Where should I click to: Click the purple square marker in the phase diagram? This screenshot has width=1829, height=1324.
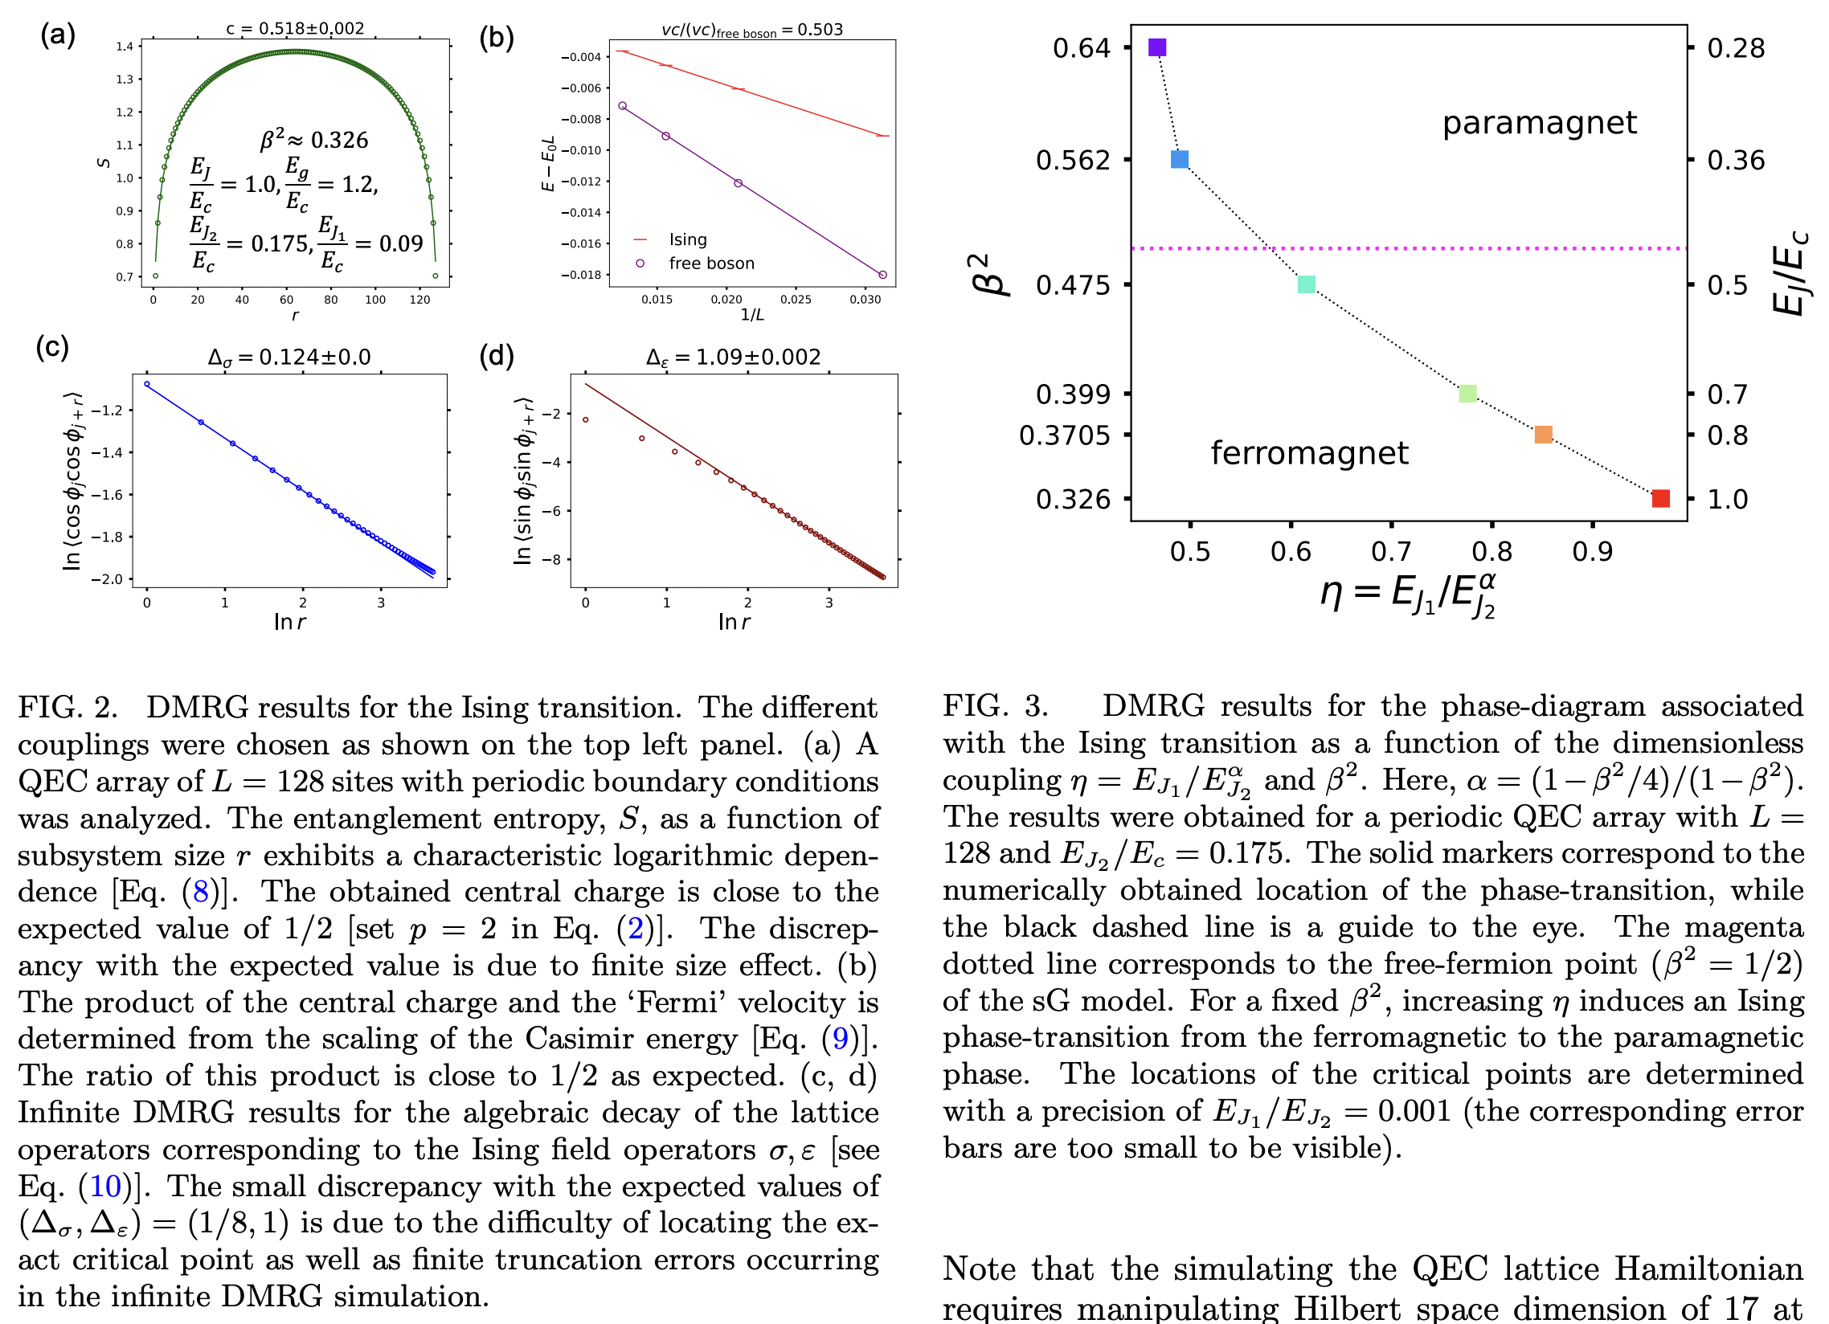(1157, 47)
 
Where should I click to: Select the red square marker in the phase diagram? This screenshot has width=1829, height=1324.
(1660, 498)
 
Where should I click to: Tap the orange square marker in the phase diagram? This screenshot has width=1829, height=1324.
(1543, 435)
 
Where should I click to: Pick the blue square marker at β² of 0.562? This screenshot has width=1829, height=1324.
(1179, 160)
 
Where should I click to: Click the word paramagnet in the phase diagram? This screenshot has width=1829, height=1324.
(1539, 123)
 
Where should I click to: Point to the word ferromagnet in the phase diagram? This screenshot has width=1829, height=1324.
(1309, 453)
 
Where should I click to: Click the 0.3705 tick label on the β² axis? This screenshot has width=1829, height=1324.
(1065, 435)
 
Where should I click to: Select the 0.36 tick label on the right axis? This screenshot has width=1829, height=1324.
(1737, 161)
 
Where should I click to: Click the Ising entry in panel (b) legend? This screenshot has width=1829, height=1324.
(687, 239)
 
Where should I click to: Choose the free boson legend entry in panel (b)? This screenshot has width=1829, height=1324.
(710, 264)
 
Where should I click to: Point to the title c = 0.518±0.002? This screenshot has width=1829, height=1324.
(294, 28)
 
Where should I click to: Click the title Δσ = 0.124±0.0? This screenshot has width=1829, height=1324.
(288, 358)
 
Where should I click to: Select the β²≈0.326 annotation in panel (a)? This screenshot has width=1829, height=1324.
(313, 140)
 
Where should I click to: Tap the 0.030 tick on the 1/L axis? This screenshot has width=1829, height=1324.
(865, 299)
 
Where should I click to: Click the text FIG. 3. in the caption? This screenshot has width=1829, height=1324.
(995, 705)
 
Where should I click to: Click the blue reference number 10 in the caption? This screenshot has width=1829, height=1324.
(105, 1186)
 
